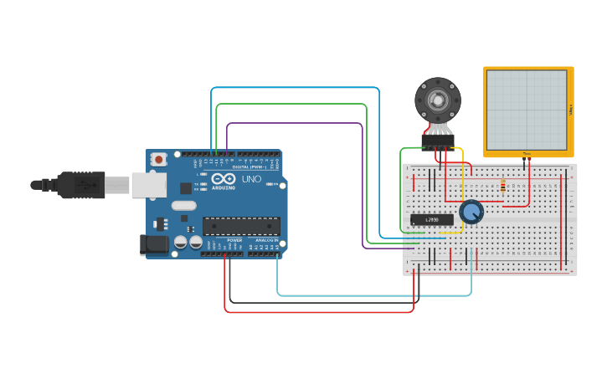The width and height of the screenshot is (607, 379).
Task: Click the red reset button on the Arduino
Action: (158, 159)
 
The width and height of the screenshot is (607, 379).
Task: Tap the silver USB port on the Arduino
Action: (148, 185)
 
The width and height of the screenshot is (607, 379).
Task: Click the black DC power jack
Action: (154, 244)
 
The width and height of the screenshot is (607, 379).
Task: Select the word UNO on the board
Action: (251, 179)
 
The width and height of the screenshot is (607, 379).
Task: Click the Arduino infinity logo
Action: (224, 179)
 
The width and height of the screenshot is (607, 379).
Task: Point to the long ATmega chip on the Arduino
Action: (241, 226)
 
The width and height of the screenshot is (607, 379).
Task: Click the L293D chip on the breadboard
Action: (432, 220)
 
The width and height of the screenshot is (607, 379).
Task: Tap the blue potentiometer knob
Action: (471, 212)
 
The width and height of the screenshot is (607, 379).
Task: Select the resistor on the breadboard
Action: (502, 185)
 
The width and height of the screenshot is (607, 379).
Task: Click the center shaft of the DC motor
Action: (438, 100)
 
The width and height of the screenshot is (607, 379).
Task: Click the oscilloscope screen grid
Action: (527, 109)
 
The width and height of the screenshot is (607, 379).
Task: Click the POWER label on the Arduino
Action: (234, 240)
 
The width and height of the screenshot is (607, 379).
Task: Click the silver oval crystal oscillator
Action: (183, 205)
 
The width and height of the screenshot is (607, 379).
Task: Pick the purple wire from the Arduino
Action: (293, 123)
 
